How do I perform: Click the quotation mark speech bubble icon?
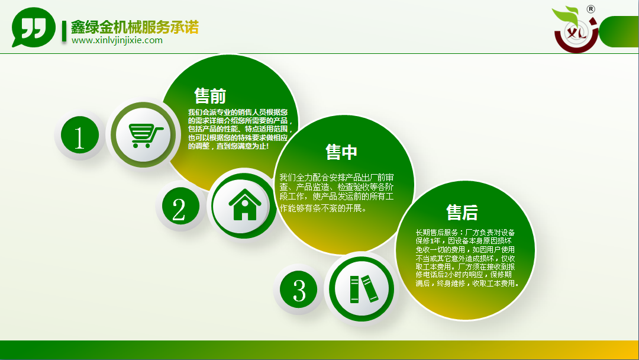coord(33,27)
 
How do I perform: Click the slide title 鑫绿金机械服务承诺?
coord(135,27)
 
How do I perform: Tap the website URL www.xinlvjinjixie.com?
coord(117,40)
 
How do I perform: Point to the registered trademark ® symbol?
coord(590,9)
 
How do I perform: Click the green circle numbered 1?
coord(80,135)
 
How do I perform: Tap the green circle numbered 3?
coord(299,290)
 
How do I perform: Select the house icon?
coord(245,205)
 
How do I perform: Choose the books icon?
coord(364,289)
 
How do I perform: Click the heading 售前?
coord(210,96)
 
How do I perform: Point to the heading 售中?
coord(341,152)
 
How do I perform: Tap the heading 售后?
coord(461,212)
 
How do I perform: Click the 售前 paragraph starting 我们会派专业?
coord(240,129)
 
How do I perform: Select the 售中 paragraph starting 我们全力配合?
coord(337,193)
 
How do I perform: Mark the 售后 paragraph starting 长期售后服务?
coord(467,258)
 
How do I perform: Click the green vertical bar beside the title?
coord(64,31)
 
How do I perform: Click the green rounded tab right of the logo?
coord(619,32)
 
